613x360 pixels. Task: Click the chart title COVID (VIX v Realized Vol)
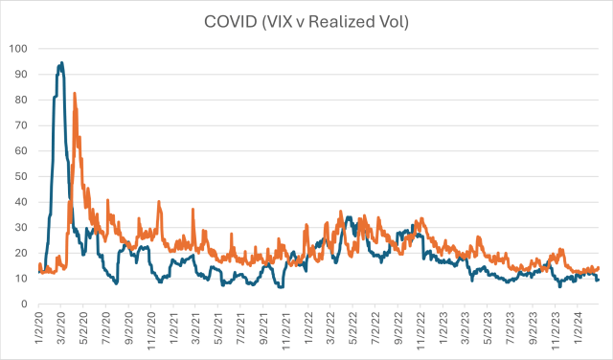pyautogui.click(x=306, y=19)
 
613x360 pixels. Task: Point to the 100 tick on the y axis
pyautogui.click(x=17, y=48)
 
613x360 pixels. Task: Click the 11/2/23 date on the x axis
pyautogui.click(x=552, y=329)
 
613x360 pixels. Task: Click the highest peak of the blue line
pyautogui.click(x=61, y=63)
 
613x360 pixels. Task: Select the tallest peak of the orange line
pyautogui.click(x=75, y=93)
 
